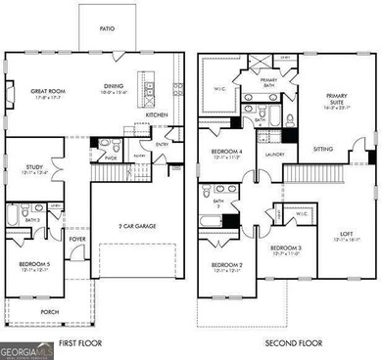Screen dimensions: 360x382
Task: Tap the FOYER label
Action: (x=76, y=238)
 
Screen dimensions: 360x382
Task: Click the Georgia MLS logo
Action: (x=27, y=350)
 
